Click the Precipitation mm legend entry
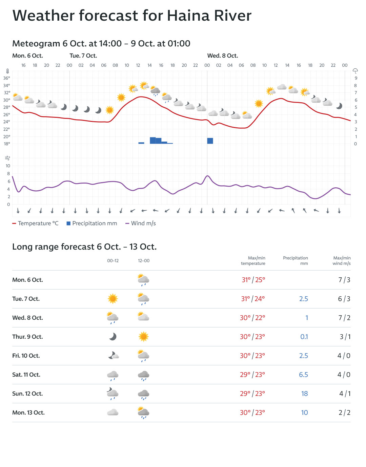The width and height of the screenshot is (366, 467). point(92,224)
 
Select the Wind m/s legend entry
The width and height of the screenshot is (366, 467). point(141,224)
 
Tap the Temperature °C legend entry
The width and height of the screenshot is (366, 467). point(35,224)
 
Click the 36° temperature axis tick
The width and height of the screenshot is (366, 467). point(7,78)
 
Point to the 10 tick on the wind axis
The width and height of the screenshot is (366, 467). point(8,166)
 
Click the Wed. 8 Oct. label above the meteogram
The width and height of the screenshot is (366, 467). point(223,56)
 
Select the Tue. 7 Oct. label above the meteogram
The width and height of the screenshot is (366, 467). point(83,56)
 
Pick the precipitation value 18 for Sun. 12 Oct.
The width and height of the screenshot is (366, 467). point(304,394)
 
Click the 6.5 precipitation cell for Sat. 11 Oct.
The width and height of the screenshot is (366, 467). point(303,375)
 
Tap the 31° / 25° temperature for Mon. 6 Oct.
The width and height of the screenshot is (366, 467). point(253,280)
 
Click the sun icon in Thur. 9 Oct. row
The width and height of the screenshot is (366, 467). point(144,337)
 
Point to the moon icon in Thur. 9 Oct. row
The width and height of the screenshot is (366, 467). point(113,337)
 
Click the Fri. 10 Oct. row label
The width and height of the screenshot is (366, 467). point(26,356)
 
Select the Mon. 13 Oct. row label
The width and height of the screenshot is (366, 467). point(28,413)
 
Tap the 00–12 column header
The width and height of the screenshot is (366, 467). point(113,261)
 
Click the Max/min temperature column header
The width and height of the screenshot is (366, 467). point(253,261)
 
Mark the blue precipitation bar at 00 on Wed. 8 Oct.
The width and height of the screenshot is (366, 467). point(210,141)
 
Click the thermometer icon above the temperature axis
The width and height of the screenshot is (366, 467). point(7,71)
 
